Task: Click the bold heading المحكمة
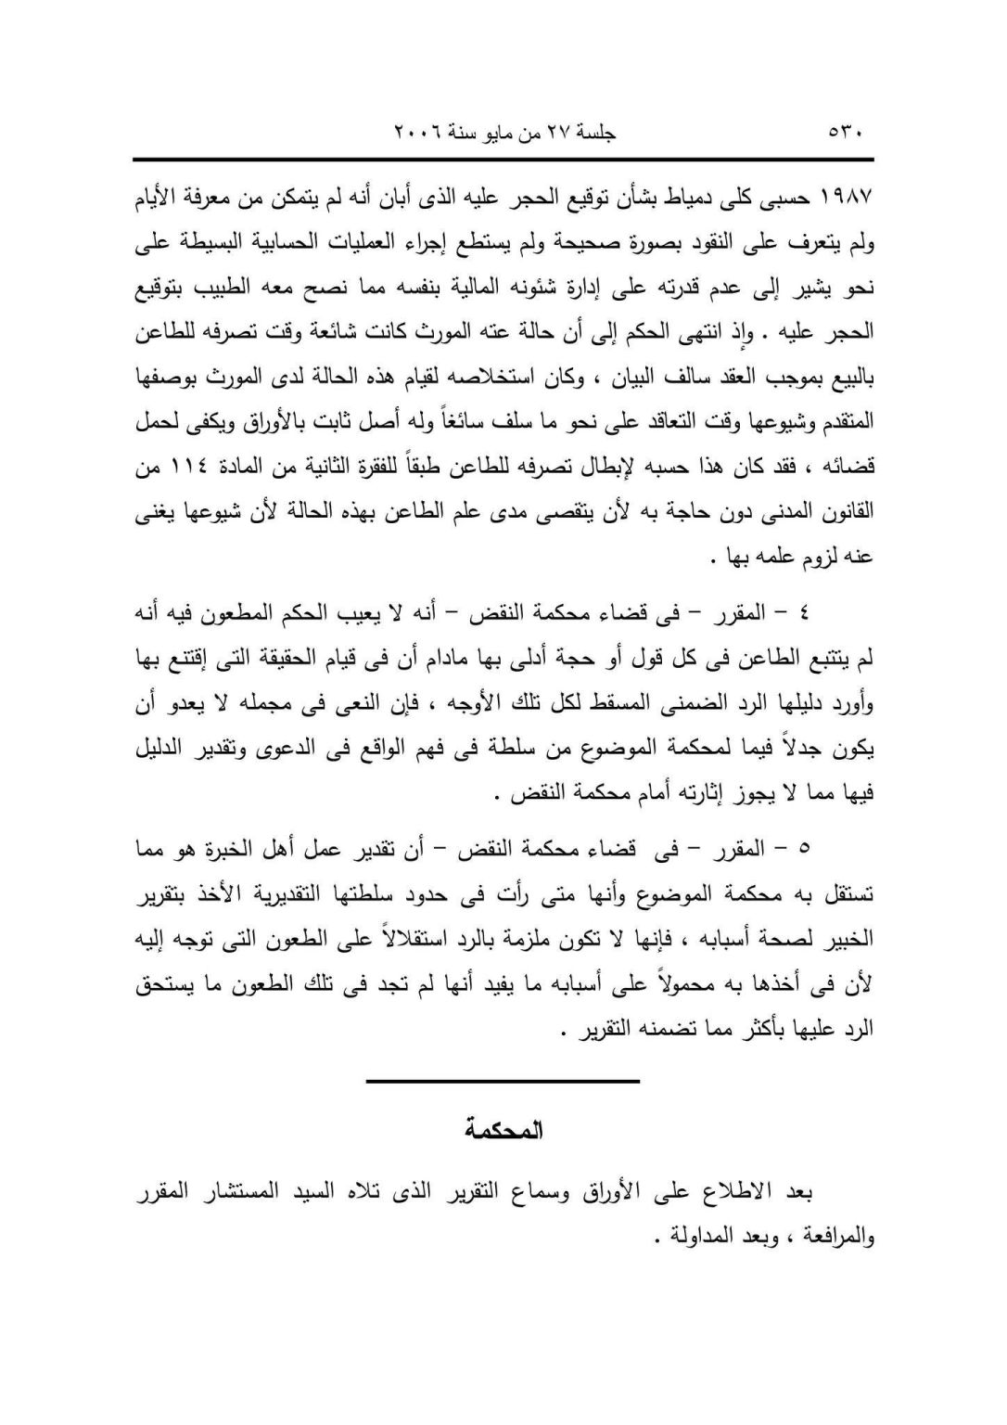(x=503, y=1131)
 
